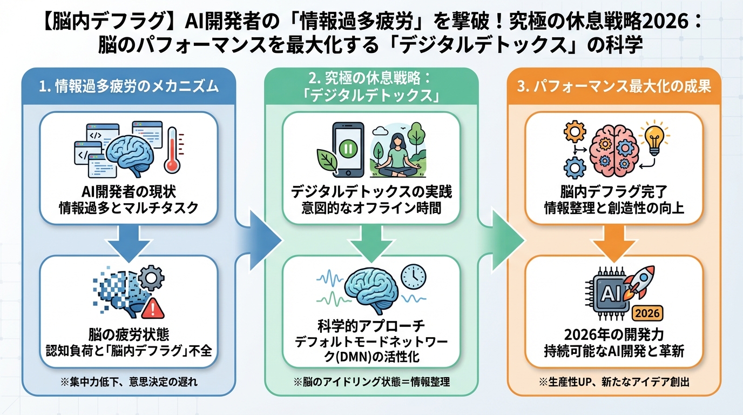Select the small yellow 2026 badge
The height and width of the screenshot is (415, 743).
[646, 312]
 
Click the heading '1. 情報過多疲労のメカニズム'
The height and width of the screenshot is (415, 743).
[129, 87]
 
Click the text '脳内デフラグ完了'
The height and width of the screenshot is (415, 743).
[614, 192]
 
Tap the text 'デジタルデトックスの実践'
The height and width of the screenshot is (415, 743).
[371, 192]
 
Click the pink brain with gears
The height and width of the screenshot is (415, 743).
[613, 149]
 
